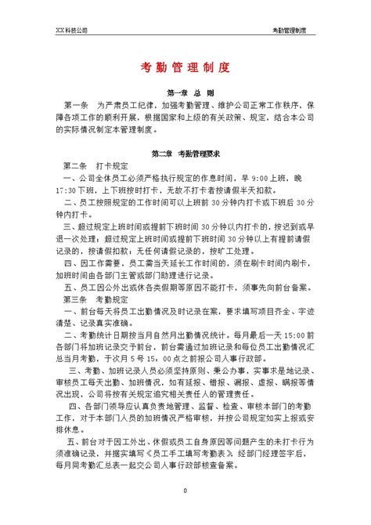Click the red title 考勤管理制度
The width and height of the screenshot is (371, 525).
tap(185, 68)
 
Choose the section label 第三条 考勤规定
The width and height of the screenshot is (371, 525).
tap(89, 299)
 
